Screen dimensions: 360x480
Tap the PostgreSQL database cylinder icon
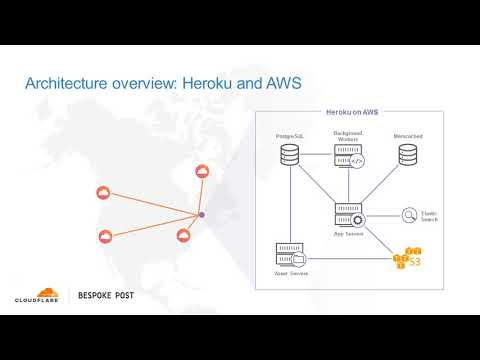(290, 154)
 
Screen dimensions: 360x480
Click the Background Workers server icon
(349, 156)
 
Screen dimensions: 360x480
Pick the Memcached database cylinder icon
(408, 154)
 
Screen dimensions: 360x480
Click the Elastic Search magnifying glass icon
(409, 214)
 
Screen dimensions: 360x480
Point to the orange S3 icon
(408, 258)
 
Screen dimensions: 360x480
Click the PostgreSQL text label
(290, 135)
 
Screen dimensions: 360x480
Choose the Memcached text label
(408, 135)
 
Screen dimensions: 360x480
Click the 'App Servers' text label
(349, 234)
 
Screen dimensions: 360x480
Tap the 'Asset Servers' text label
(291, 272)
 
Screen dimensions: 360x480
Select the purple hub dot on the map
(201, 215)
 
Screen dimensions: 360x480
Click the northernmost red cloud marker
(203, 173)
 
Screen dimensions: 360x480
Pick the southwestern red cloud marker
(106, 237)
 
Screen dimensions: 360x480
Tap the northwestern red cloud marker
(100, 193)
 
